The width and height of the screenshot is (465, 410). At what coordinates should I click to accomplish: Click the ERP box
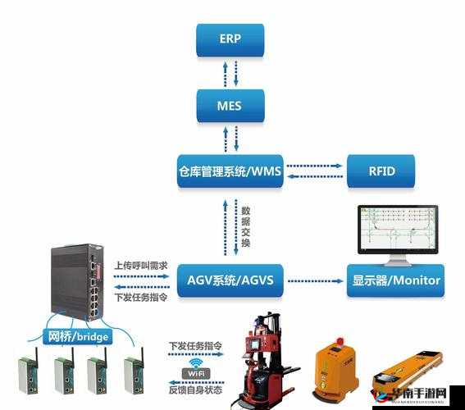point(230,39)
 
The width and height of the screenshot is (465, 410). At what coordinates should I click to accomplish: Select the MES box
point(230,105)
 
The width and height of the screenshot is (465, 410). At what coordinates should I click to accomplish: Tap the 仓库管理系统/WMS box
point(230,171)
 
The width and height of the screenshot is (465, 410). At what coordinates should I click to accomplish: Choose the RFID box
point(381,171)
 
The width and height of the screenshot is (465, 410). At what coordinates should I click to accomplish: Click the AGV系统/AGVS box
point(230,280)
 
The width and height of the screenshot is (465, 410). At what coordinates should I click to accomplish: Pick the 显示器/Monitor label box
point(395,280)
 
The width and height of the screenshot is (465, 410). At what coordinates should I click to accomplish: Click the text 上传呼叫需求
point(141,266)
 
